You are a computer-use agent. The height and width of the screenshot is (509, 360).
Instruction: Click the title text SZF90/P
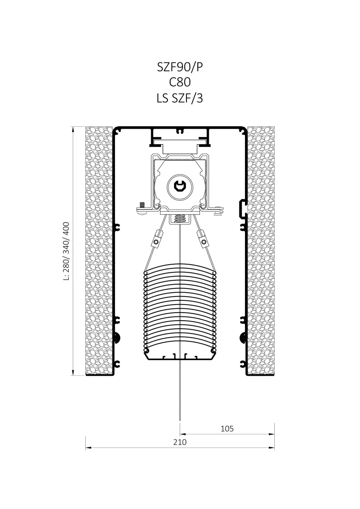click(180, 67)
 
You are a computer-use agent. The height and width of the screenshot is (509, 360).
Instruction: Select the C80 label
click(180, 82)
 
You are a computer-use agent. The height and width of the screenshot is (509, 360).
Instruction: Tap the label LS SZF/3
click(180, 98)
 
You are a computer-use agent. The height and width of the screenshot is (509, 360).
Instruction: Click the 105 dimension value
click(227, 428)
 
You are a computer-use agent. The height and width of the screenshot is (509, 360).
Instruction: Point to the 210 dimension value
click(180, 442)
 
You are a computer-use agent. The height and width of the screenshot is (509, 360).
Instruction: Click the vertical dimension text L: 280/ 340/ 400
click(66, 251)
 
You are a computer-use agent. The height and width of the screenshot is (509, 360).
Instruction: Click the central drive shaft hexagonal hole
click(180, 187)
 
